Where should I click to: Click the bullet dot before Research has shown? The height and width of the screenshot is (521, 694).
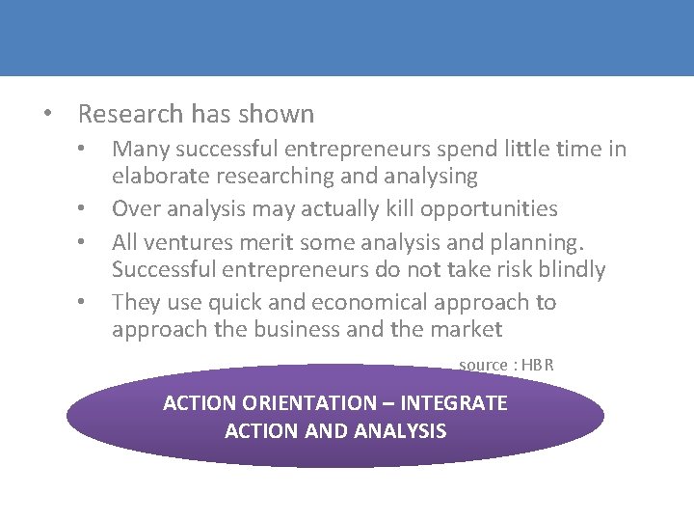[x=47, y=114]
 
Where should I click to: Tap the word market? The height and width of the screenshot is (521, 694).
[x=466, y=329]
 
